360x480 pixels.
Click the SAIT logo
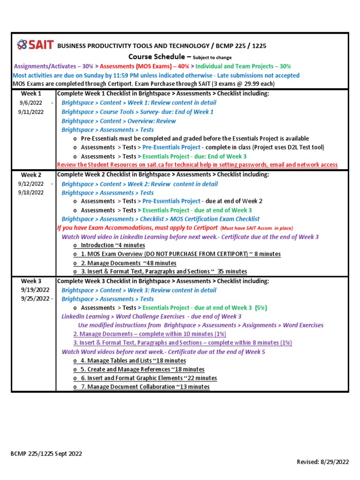point(35,45)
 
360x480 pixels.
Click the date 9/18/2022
point(31,193)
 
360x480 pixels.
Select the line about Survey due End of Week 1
point(137,112)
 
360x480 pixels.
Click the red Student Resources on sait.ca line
point(197,165)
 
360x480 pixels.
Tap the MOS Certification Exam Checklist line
point(160,219)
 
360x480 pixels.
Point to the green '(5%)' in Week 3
point(261,308)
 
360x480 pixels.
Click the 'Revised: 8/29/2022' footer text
point(323,462)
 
